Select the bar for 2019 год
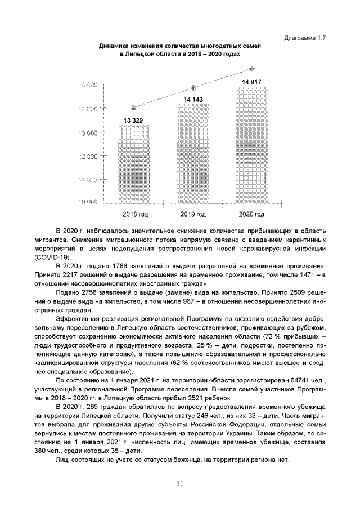point(193,155)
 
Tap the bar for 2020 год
point(251,146)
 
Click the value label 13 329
point(134,120)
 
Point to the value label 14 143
point(193,100)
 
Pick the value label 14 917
point(251,82)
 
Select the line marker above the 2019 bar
point(193,88)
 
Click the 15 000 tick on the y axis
point(87,84)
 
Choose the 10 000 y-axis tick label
point(87,201)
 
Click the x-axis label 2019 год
point(193,214)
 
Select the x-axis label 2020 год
point(251,214)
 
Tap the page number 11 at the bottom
point(180,482)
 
